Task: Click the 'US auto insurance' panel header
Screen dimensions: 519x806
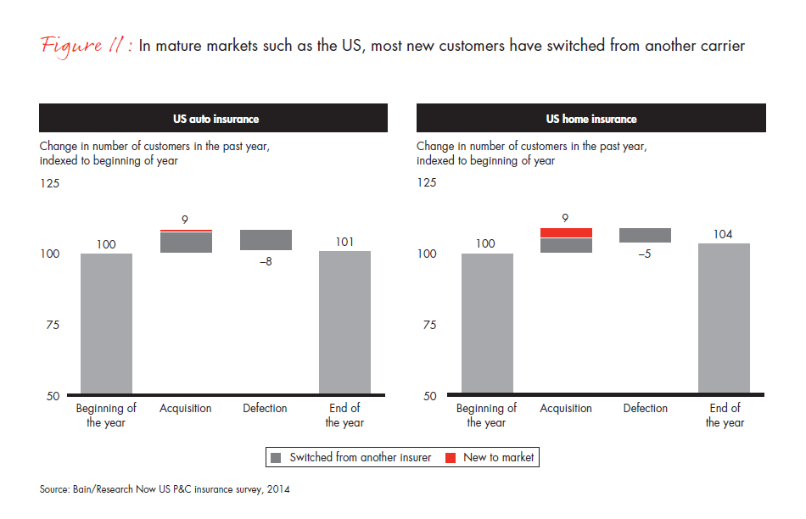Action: point(213,119)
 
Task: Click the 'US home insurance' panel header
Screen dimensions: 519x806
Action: point(591,119)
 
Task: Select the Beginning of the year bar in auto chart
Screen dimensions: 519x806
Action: point(106,324)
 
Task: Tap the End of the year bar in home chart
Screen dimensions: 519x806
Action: point(724,319)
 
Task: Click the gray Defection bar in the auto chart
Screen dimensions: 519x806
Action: point(265,240)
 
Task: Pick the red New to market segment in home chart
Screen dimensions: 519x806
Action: point(566,232)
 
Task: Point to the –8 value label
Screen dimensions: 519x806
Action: point(265,262)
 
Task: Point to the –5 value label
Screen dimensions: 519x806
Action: point(645,254)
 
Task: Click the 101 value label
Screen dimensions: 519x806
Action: point(344,241)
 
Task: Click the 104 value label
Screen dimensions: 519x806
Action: point(724,234)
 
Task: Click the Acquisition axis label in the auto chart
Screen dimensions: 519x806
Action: point(185,408)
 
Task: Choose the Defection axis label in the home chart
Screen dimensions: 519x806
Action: point(645,408)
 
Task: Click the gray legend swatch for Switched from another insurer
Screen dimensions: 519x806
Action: point(276,457)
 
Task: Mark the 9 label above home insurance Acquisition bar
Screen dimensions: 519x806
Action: point(566,218)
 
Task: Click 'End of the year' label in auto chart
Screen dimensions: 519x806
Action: point(344,415)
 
